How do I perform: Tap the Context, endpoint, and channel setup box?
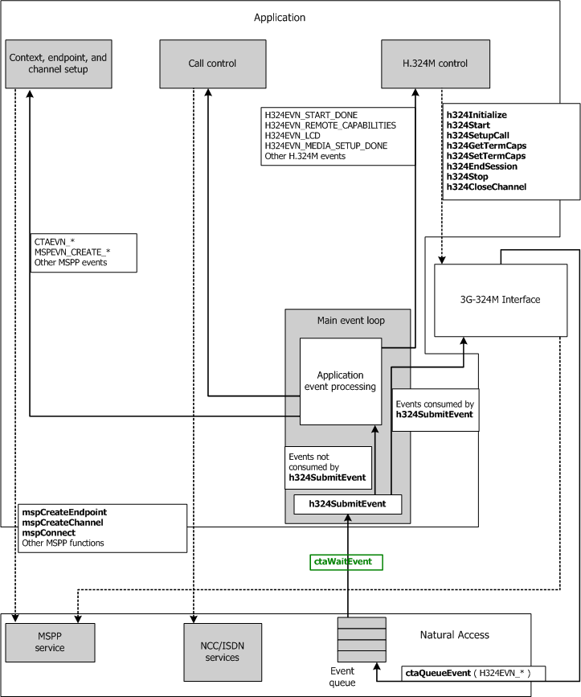pos(58,64)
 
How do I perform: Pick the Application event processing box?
pos(340,381)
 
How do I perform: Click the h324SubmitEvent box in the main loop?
pos(347,505)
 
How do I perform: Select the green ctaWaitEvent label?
pos(346,561)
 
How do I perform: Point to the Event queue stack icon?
pos(361,638)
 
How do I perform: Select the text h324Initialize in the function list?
pos(477,116)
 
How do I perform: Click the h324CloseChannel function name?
pos(486,187)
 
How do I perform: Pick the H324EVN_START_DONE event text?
pos(311,116)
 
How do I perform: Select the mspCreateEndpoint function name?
pos(64,512)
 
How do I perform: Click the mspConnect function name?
pos(49,533)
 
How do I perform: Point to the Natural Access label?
pos(455,634)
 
